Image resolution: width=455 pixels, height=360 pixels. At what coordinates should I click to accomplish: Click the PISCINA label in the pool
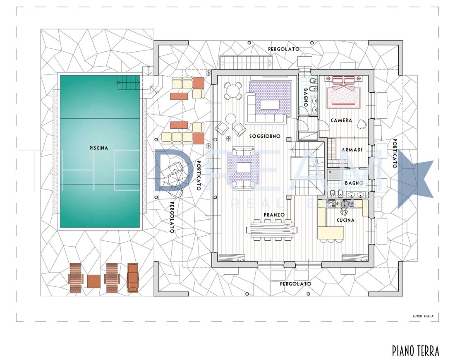(x=99, y=148)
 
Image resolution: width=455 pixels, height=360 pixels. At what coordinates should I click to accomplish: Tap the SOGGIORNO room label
(x=265, y=136)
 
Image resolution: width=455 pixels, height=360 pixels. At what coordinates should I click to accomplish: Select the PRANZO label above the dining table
(x=274, y=215)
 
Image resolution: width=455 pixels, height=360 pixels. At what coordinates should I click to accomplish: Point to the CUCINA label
(x=345, y=221)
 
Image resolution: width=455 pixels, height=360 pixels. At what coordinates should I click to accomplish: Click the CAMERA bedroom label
(x=341, y=120)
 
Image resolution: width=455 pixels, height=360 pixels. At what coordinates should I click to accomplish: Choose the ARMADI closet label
(x=352, y=150)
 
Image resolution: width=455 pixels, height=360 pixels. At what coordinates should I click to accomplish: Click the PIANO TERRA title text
(x=416, y=350)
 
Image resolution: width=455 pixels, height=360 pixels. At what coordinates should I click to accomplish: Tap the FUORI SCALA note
(x=423, y=316)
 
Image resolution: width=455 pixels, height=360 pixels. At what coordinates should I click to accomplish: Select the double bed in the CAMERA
(x=344, y=92)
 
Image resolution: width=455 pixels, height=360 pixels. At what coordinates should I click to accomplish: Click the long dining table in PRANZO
(x=272, y=230)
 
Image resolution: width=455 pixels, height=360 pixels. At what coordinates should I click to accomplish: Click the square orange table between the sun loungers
(x=94, y=281)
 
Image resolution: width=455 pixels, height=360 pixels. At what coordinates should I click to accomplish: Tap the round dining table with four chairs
(x=232, y=91)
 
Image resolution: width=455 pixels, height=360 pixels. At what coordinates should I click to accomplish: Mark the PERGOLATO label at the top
(x=283, y=49)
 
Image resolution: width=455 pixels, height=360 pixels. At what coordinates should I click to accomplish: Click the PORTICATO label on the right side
(x=395, y=153)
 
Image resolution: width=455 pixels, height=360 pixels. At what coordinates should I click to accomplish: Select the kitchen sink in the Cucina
(x=345, y=205)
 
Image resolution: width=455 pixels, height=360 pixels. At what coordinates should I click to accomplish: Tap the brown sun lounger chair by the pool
(x=133, y=277)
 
